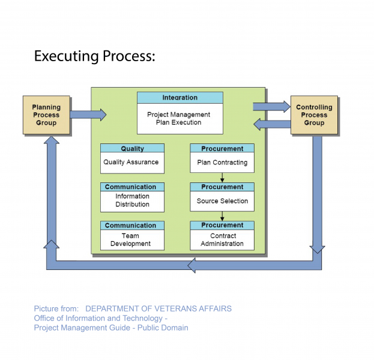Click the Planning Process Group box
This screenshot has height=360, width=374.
pos(46,115)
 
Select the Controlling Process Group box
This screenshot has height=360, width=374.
pos(314,115)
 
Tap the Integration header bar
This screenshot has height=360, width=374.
pos(179,97)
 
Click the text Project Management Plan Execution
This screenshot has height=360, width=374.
pos(179,118)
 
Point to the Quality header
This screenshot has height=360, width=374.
pos(132,148)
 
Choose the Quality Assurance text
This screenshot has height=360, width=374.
pos(131,162)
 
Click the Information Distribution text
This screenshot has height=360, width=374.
pos(132,200)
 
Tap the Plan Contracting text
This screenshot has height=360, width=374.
pos(222,162)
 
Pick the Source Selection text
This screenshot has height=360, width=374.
pos(222,201)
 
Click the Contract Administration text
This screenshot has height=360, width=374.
pos(223,240)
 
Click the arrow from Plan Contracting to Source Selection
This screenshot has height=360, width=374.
pos(222,178)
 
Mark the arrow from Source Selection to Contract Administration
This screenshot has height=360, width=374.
pos(222,216)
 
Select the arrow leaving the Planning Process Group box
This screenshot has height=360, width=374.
pos(88,114)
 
